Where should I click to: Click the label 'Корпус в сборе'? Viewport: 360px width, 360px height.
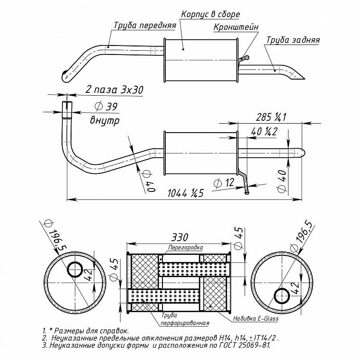[x=210, y=15]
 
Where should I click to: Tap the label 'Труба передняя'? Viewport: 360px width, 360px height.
[x=145, y=25]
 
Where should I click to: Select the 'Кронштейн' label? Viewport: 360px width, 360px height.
[x=236, y=27]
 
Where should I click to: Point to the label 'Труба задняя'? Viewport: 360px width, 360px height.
[x=293, y=40]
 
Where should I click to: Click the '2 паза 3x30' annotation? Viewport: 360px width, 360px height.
[x=114, y=90]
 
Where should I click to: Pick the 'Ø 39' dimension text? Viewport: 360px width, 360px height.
[x=106, y=106]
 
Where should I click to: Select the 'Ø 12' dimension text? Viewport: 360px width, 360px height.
[x=224, y=183]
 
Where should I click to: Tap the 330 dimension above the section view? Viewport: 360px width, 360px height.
[x=179, y=237]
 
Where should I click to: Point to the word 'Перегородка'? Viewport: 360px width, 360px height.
[x=186, y=247]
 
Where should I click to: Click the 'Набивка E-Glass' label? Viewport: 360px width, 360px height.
[x=256, y=319]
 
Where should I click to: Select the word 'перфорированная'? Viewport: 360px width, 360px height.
[x=185, y=323]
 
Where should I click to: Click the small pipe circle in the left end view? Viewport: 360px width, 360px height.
[x=75, y=270]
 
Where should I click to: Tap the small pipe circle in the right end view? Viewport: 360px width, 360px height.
[x=282, y=296]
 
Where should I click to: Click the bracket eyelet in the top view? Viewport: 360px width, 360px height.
[x=247, y=57]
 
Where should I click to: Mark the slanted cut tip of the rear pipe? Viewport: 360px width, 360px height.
[x=305, y=79]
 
